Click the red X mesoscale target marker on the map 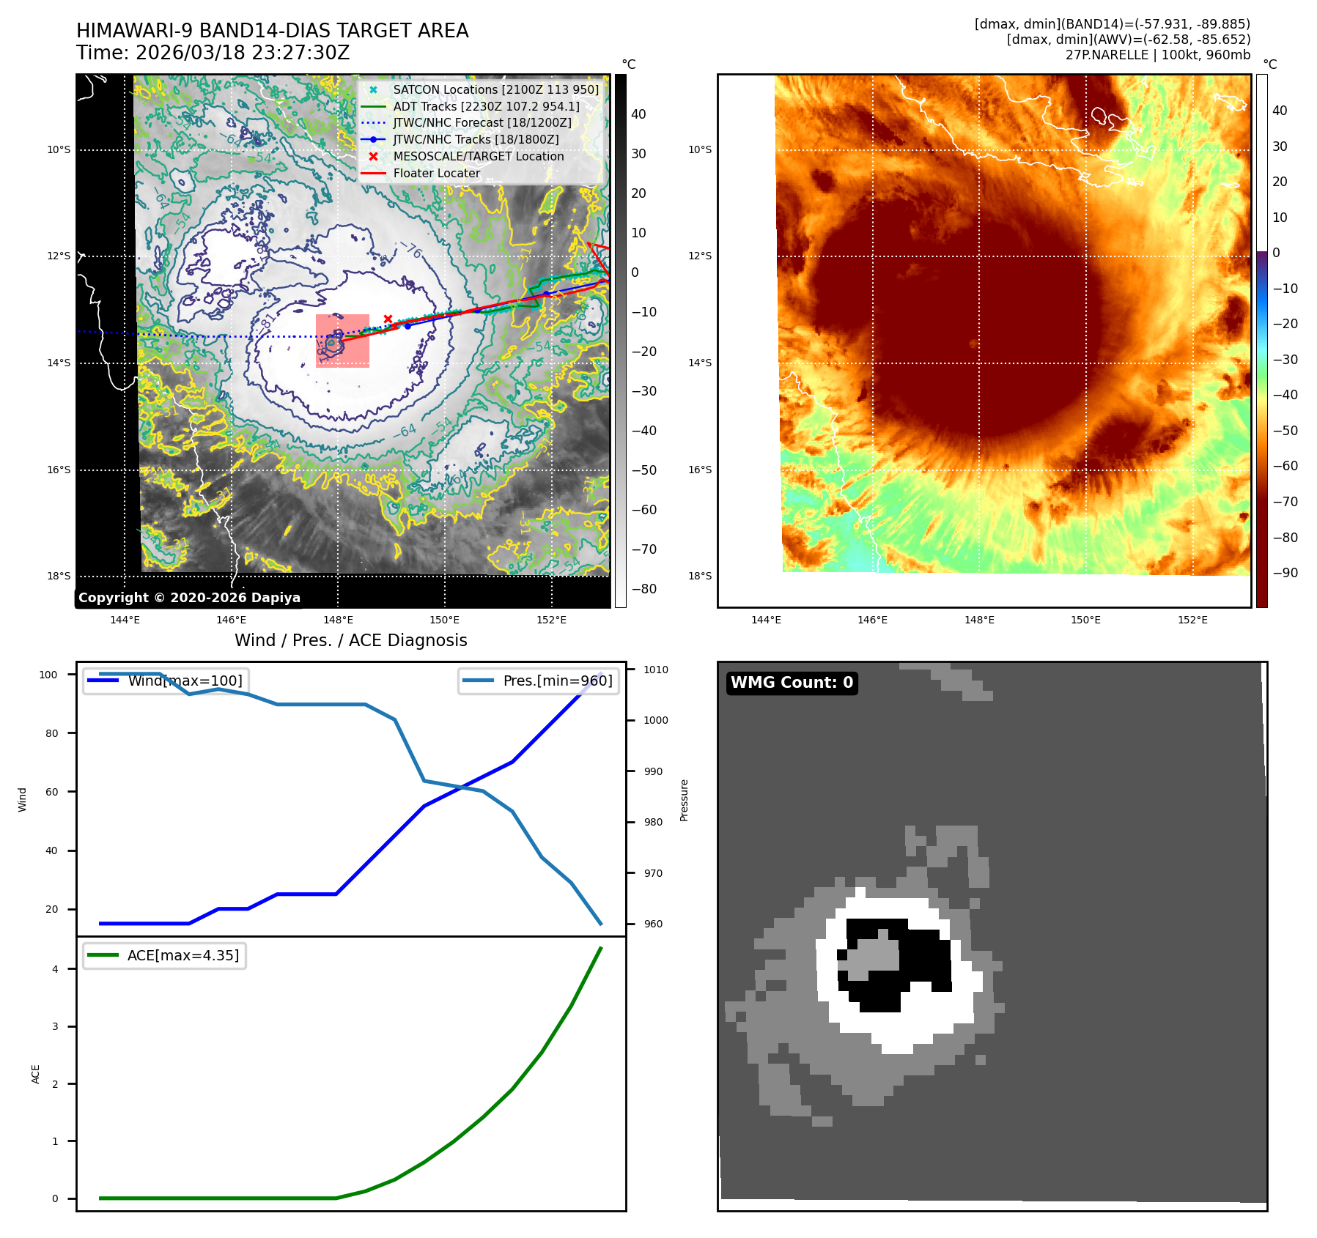[x=388, y=319]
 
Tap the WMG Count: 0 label [x=792, y=683]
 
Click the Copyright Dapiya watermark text [x=189, y=598]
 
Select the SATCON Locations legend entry [x=495, y=89]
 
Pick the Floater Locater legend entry [x=436, y=174]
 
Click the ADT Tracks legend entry [x=486, y=106]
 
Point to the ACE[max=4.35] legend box [x=165, y=956]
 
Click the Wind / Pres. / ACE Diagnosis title [x=350, y=640]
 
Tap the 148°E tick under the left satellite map [x=338, y=620]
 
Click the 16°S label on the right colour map [x=700, y=470]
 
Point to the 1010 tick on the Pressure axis [x=656, y=670]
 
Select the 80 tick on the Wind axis [x=51, y=733]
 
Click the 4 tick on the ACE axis [x=55, y=969]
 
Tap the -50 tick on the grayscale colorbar [x=644, y=470]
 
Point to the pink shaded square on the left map [x=342, y=341]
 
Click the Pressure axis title [x=684, y=800]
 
